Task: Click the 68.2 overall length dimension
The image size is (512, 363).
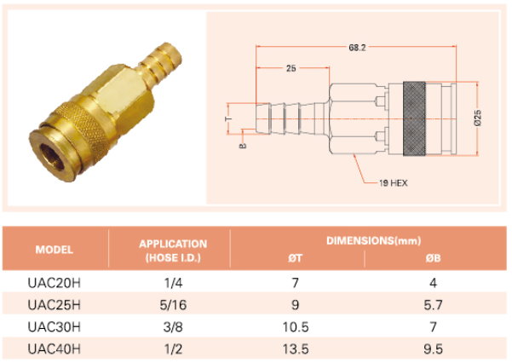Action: click(357, 48)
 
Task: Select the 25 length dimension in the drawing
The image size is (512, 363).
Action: click(291, 68)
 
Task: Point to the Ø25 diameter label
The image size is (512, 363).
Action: click(478, 118)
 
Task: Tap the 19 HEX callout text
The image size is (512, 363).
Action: click(394, 183)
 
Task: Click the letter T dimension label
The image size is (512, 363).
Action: click(229, 118)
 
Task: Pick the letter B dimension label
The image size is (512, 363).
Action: click(243, 146)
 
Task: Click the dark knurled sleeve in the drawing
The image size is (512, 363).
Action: click(414, 118)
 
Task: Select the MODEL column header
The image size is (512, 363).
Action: click(55, 250)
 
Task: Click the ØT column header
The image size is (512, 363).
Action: click(295, 258)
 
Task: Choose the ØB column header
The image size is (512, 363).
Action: click(434, 258)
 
